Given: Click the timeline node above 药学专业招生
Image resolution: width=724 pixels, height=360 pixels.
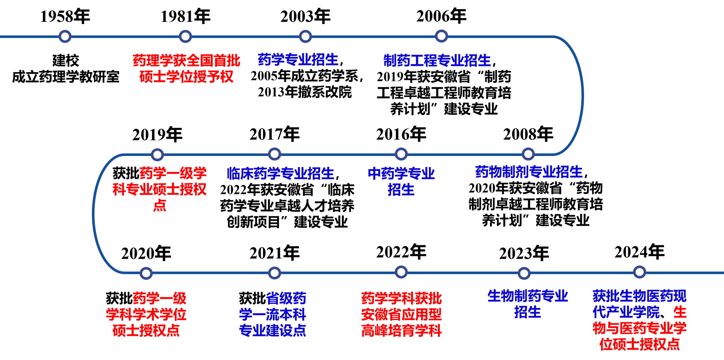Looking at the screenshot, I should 305,36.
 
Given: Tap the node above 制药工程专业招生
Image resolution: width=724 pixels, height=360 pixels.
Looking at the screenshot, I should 441,36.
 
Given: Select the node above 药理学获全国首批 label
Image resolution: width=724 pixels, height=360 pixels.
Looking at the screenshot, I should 185,36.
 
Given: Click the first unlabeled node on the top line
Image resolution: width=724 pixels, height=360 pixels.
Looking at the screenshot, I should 65,36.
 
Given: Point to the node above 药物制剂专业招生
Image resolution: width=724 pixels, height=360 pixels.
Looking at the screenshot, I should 528,154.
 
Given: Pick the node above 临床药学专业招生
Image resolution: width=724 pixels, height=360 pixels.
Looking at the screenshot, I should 274,154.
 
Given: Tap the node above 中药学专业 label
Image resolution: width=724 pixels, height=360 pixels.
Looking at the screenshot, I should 401,154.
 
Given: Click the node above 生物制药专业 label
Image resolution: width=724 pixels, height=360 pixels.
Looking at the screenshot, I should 524,273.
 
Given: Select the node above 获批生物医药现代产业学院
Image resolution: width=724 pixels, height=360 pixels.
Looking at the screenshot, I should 639,272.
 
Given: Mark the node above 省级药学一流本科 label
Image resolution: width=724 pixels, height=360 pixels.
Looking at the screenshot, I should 274,273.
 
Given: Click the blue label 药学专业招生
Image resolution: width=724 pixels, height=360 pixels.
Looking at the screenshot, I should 298,60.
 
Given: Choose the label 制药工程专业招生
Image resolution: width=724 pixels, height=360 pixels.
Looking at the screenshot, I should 437,60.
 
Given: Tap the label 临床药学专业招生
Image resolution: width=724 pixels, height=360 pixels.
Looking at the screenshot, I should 281,173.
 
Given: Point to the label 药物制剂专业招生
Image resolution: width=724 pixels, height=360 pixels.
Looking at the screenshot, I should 529,172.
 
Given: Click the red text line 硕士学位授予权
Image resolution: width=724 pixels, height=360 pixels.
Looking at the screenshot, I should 186,77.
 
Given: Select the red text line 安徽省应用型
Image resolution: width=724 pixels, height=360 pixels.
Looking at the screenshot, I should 401,314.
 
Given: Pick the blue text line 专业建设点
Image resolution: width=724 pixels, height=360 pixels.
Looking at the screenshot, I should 272,330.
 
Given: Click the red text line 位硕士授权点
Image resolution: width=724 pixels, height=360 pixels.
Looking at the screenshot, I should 640,344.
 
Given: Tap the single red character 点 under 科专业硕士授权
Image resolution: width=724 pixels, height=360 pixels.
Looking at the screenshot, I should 160,205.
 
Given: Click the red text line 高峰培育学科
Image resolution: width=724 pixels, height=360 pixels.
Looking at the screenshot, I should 401,331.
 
